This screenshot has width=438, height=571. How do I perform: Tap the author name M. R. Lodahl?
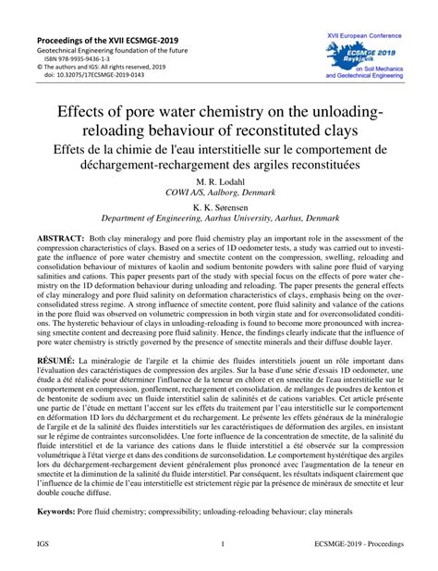(220, 181)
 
